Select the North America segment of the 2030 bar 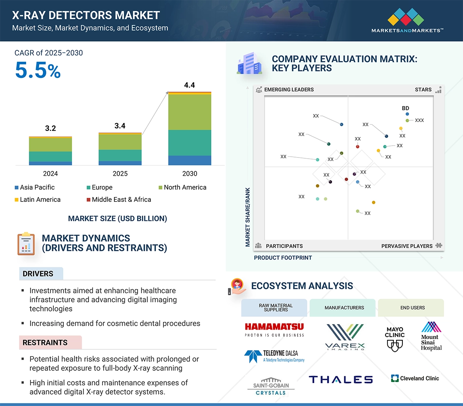pos(190,112)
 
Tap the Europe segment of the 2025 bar pos(120,155)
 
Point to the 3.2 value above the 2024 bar pos(50,128)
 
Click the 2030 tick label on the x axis pos(190,174)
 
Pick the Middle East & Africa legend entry pos(118,199)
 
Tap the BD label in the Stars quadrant pos(405,108)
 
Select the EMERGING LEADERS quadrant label pos(288,89)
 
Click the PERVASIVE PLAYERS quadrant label pos(407,246)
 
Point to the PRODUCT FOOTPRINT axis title pos(283,258)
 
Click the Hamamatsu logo pos(274,329)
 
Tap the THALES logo pos(341,379)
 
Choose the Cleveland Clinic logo pos(415,378)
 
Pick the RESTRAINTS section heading pos(45,343)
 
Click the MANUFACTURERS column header pos(344,307)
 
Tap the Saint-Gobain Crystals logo pos(271,386)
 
